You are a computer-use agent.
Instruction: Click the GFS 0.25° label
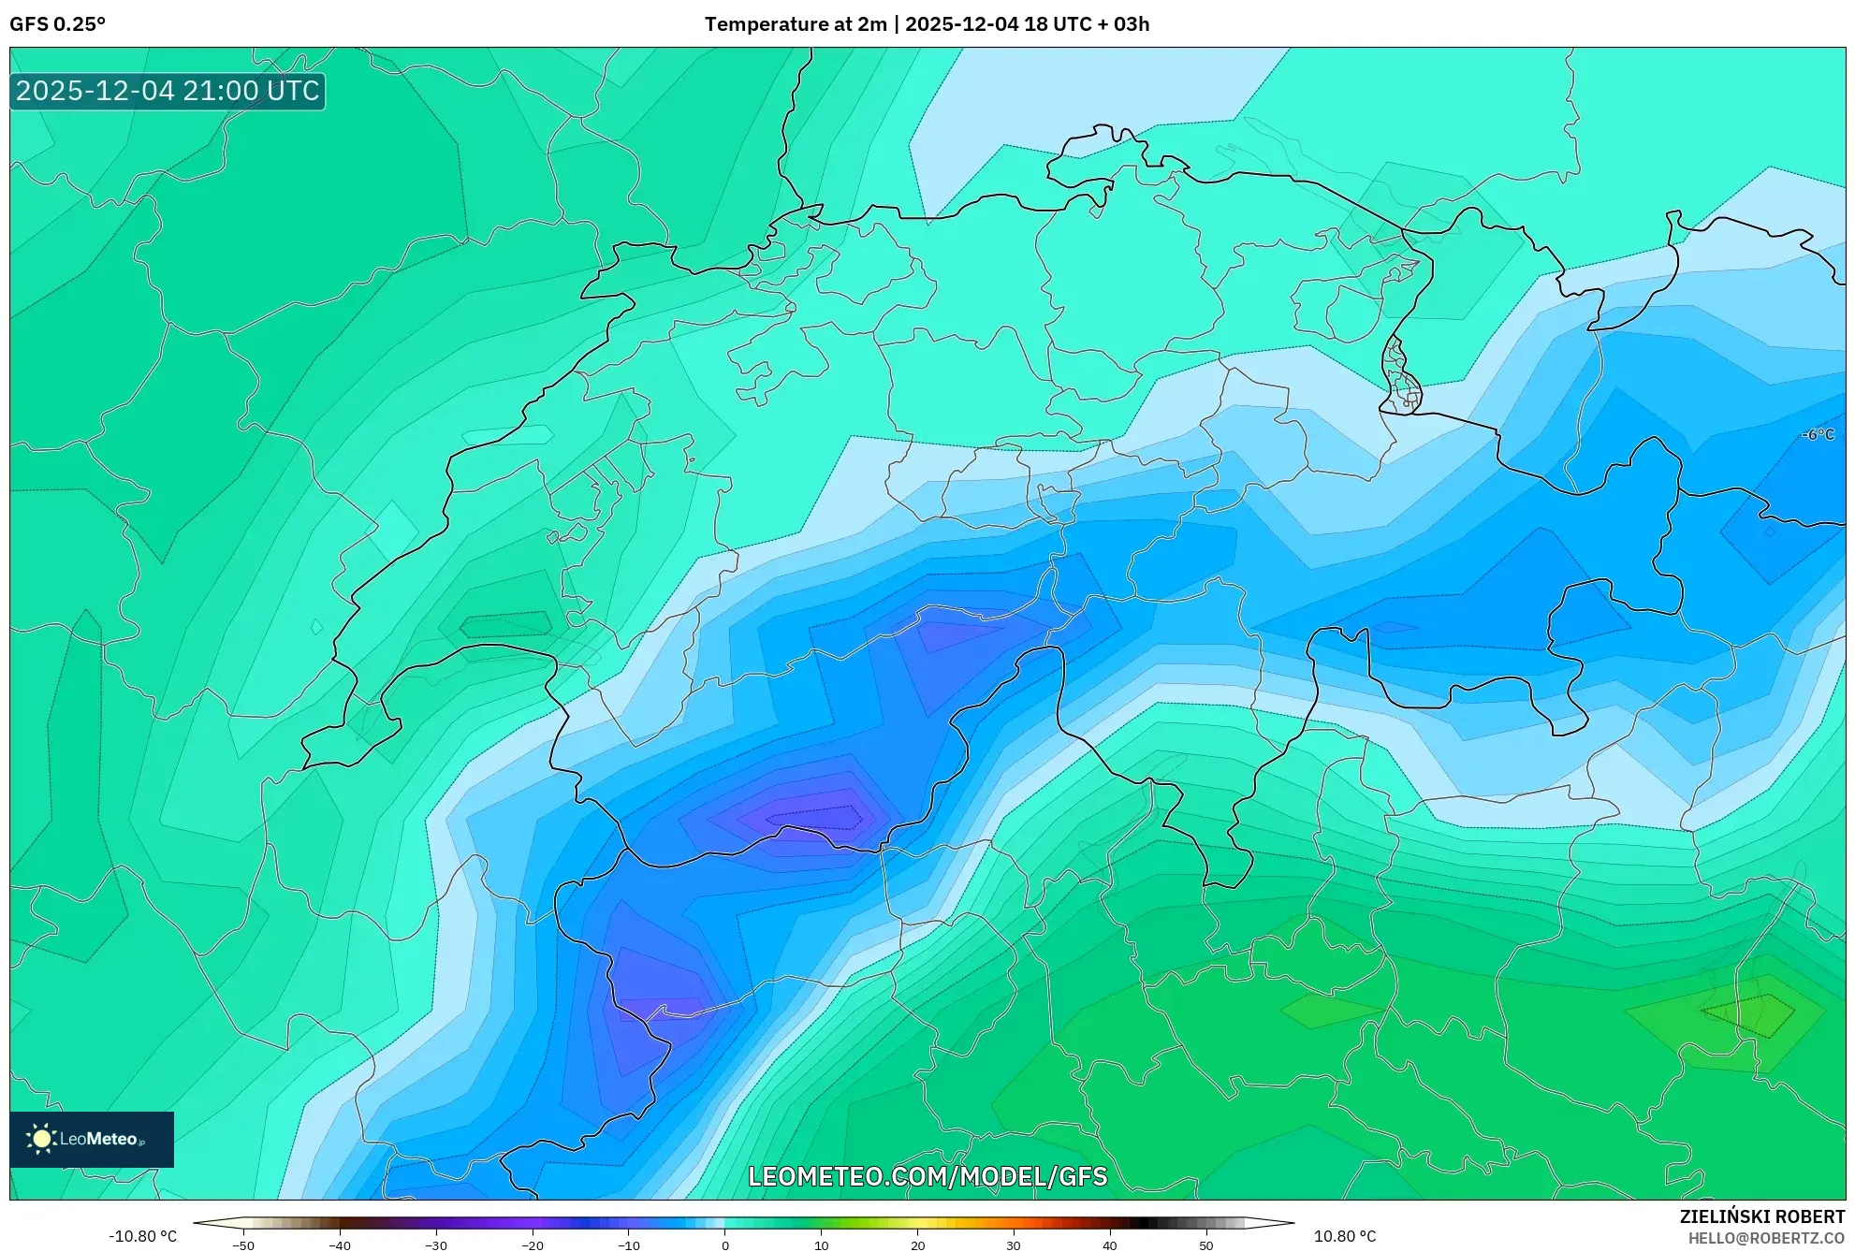pos(57,24)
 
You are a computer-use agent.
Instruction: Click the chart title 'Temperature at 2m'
pos(795,24)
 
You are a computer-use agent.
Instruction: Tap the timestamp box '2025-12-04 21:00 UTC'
pos(168,91)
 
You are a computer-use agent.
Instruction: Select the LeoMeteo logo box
pos(92,1139)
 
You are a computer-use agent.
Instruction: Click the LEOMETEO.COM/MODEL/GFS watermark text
pos(927,1176)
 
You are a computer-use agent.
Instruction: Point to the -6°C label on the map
pos(1818,434)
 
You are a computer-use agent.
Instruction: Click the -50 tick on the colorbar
pos(243,1245)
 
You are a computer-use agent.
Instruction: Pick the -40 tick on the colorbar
pos(340,1245)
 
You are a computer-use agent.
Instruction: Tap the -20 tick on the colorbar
pos(533,1245)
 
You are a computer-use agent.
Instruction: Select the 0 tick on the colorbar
pos(725,1245)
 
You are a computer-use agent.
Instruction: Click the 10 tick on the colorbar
pos(821,1245)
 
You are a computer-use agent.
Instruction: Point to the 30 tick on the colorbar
pos(1014,1245)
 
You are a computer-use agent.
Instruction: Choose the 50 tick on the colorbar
pos(1206,1245)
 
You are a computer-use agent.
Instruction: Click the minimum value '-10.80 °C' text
pos(142,1236)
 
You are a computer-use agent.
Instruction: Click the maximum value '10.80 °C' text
pos(1345,1236)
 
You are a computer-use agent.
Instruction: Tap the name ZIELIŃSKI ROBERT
pos(1761,1216)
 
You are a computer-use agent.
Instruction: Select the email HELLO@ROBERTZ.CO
pos(1766,1238)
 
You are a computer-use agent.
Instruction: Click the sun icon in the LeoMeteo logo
pos(41,1139)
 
